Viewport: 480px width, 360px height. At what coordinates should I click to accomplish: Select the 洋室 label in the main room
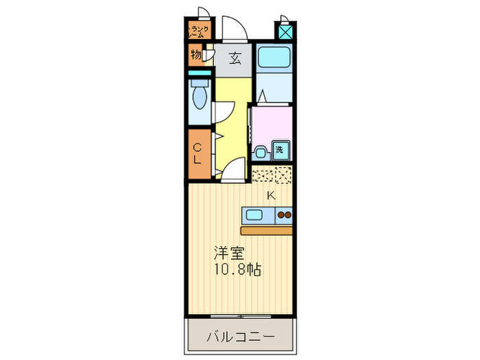(x=230, y=252)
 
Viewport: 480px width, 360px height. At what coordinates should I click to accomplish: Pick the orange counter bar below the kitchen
(x=267, y=230)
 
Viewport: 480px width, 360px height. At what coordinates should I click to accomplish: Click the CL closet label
(x=197, y=154)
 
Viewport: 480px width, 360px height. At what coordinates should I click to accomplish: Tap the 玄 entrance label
(x=235, y=58)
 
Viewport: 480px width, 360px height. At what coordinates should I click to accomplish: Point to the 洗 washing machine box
(x=280, y=149)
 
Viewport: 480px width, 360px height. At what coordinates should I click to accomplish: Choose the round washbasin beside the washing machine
(x=261, y=151)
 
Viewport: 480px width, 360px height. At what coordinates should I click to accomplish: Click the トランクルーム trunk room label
(x=200, y=30)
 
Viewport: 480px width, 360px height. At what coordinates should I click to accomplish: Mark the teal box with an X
(x=285, y=32)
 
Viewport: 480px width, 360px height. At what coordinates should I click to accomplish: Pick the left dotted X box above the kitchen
(x=261, y=175)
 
